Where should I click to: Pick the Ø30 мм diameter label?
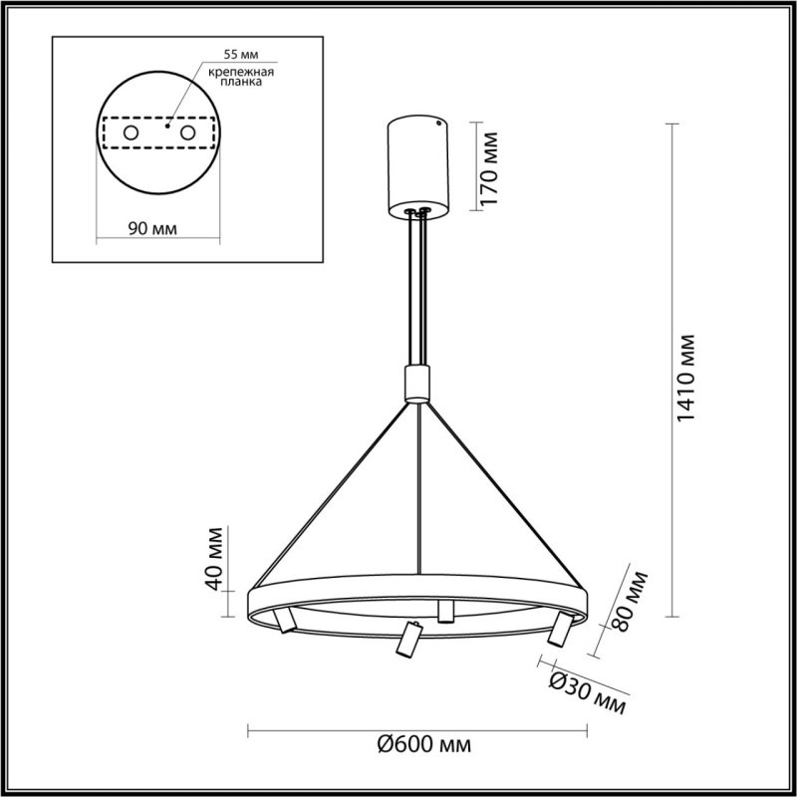point(589,689)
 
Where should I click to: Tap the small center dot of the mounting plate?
point(168,127)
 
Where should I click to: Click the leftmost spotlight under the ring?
point(285,620)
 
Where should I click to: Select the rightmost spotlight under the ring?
point(558,628)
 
